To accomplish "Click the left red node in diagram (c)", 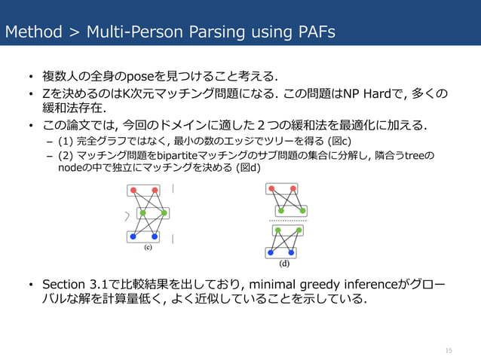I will click(134, 191).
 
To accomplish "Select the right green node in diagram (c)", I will click(164, 214).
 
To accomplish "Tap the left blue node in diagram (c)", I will click(133, 236).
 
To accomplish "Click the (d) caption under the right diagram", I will click(284, 264).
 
